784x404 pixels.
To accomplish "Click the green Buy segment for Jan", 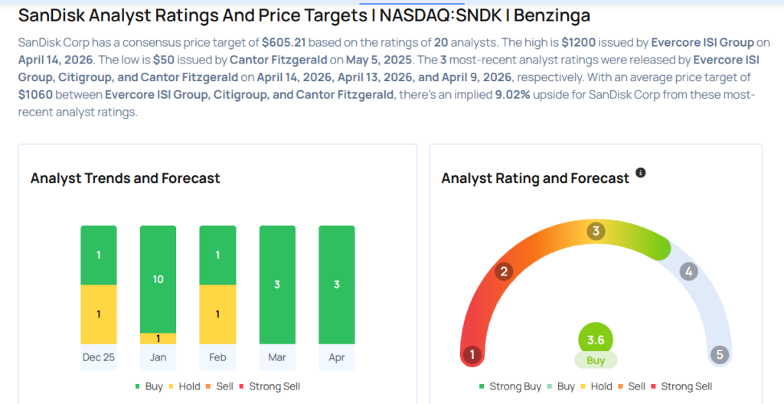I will (x=158, y=279).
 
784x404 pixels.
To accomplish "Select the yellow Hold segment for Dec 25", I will (x=99, y=314).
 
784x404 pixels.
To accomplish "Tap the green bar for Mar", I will (x=277, y=285).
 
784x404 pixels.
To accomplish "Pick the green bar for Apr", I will (x=336, y=285).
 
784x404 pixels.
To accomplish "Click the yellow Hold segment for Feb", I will (x=217, y=314).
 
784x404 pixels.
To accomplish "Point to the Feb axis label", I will (x=217, y=357).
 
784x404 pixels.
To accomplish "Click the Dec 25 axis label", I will (x=99, y=357).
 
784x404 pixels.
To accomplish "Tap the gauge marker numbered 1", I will (x=472, y=355).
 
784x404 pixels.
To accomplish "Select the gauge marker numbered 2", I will (x=504, y=272).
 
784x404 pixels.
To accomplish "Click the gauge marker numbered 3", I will (x=595, y=231).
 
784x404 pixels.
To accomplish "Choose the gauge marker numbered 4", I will (x=688, y=272).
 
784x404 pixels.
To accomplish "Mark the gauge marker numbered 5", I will (x=718, y=355).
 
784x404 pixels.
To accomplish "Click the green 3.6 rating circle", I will (x=596, y=340).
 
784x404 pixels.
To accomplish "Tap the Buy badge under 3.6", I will (x=596, y=360).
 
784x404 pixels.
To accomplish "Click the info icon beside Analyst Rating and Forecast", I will (x=641, y=173).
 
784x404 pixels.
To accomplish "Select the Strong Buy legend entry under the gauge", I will (x=510, y=386).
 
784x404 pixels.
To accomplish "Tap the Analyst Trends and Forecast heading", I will (x=125, y=178).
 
